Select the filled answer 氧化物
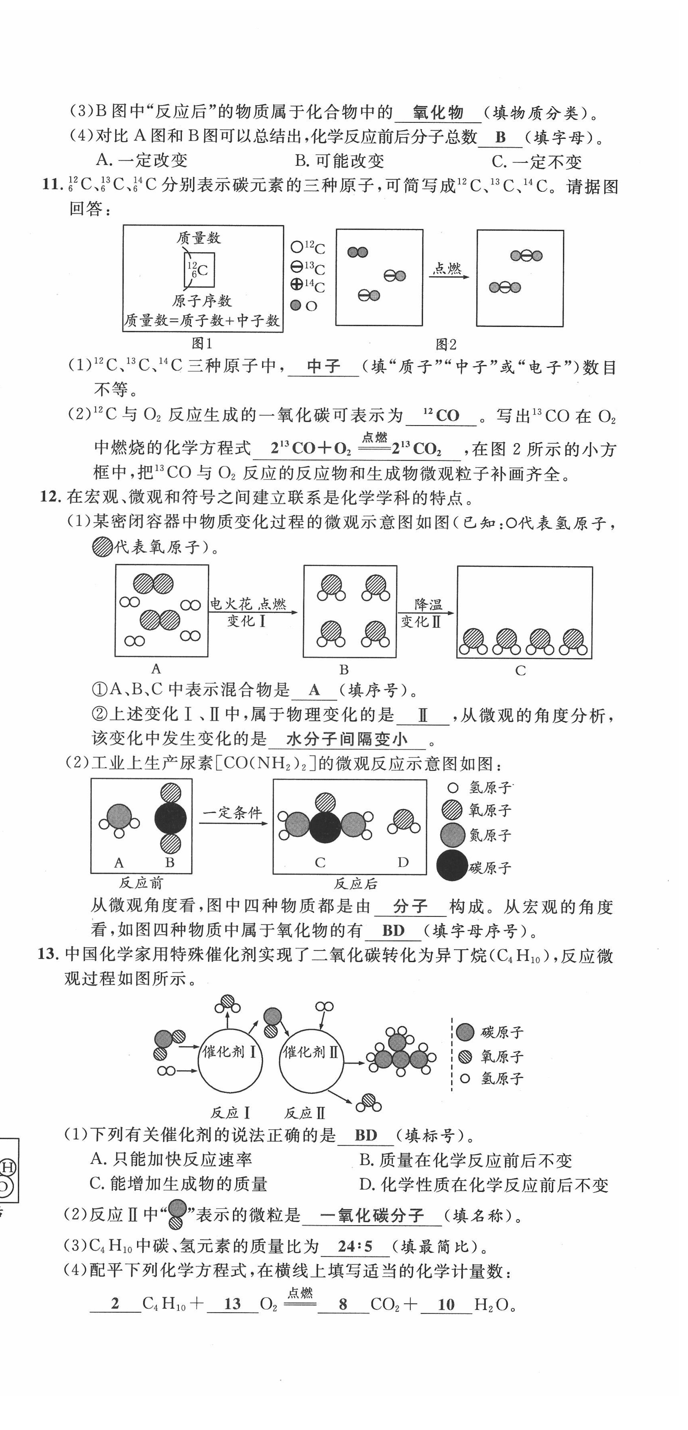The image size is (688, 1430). (438, 113)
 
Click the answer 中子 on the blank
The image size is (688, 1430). (323, 367)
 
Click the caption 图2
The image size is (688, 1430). (445, 345)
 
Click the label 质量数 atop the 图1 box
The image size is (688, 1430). (198, 238)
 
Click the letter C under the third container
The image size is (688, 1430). (520, 670)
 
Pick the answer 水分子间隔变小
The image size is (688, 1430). (347, 739)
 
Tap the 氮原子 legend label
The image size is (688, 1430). (489, 835)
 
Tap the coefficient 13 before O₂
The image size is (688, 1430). (232, 1304)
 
